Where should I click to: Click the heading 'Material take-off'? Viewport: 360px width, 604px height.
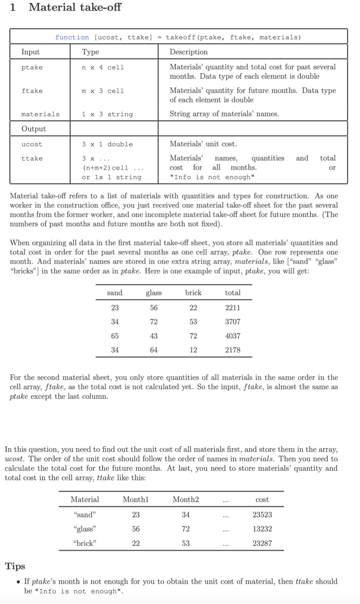coord(75,7)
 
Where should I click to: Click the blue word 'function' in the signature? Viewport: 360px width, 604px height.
coord(72,37)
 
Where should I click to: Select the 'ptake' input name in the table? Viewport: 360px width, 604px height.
coord(32,67)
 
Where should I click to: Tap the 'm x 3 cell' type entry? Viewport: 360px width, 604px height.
coord(103,91)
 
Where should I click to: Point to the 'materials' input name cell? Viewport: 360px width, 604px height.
coord(40,114)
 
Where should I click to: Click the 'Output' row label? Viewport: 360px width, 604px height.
coord(34,129)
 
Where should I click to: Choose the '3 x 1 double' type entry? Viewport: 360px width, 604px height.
coord(107,144)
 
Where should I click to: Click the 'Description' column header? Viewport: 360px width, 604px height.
coord(189,52)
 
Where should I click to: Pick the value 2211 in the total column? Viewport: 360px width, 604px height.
coord(233,308)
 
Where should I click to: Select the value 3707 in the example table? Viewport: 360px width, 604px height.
coord(233,322)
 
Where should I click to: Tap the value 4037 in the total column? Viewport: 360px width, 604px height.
coord(233,336)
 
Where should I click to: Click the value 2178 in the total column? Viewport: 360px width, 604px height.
coord(233,350)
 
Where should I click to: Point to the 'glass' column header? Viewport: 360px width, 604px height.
coord(154,293)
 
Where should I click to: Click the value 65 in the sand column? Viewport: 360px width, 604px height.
coord(115,336)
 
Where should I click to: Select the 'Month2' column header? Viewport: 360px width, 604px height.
coord(186,500)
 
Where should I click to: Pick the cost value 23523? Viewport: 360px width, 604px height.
coord(262,515)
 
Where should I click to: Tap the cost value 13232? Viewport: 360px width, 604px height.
coord(262,529)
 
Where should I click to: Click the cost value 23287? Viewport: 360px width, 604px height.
coord(262,543)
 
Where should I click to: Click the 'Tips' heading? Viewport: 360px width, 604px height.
coord(15,566)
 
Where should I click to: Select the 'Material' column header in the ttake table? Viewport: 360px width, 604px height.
coord(85,500)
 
